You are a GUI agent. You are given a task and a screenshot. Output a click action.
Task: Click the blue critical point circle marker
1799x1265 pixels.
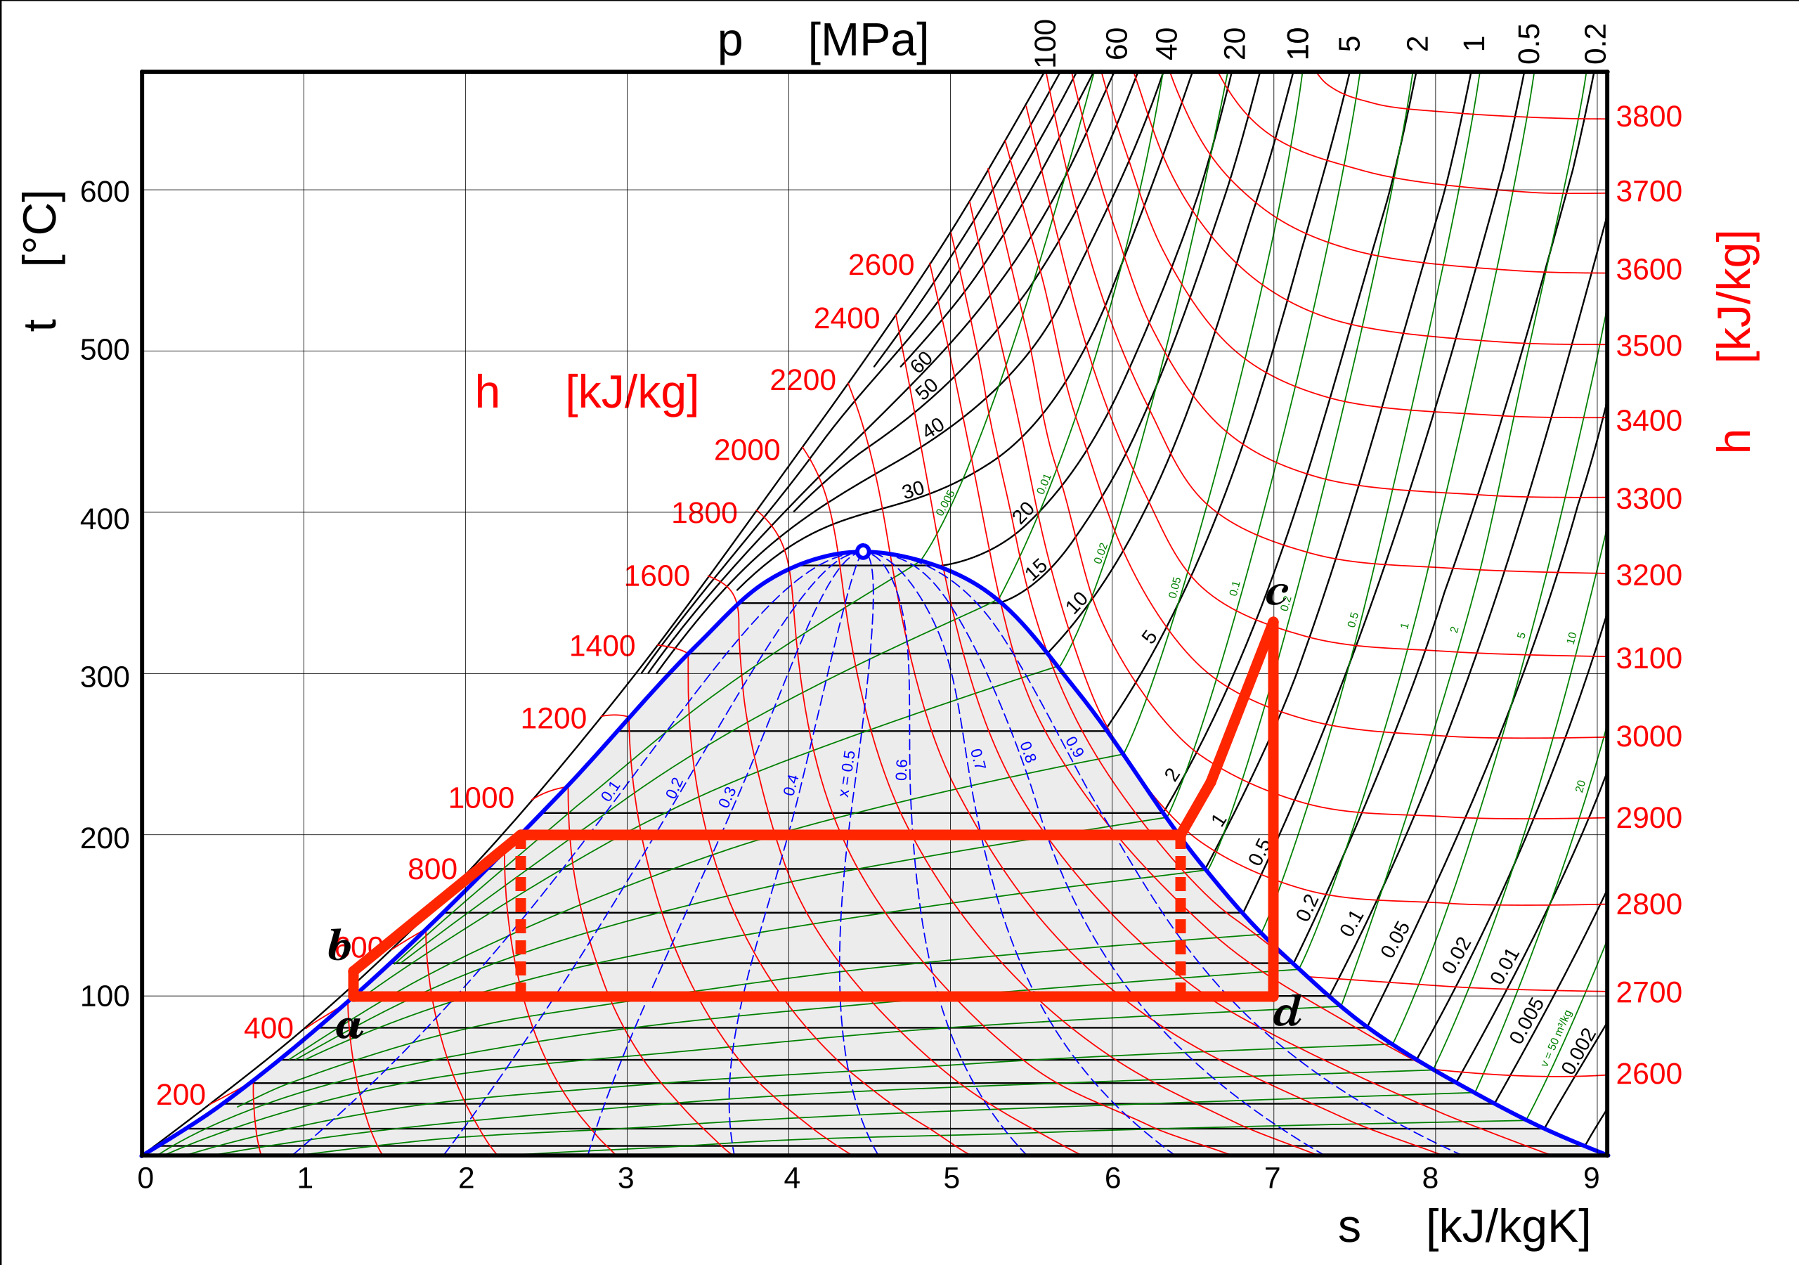tap(863, 552)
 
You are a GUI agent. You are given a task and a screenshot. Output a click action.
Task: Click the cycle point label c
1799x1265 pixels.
tap(1276, 592)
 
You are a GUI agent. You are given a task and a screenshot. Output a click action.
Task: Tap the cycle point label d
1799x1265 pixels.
tap(1287, 1012)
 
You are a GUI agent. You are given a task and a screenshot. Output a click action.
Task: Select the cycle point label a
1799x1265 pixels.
tap(349, 1027)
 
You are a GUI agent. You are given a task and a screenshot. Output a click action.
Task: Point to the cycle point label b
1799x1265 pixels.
tap(339, 945)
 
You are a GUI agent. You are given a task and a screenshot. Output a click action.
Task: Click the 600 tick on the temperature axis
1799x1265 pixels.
tap(105, 192)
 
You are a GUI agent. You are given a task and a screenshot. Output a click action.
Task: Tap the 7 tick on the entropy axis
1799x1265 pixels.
tap(1273, 1178)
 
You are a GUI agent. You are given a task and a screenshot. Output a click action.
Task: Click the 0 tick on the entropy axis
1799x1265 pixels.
tap(145, 1178)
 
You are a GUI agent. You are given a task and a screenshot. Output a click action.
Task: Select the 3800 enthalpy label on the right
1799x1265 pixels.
tap(1649, 117)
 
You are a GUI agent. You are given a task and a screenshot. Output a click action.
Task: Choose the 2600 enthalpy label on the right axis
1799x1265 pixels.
tap(1649, 1074)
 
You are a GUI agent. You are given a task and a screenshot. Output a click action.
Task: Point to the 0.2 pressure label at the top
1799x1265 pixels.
tap(1595, 43)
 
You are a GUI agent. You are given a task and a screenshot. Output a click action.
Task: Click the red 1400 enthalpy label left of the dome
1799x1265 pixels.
tap(602, 647)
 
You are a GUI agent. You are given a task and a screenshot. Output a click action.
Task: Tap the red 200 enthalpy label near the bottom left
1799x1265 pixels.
tap(180, 1095)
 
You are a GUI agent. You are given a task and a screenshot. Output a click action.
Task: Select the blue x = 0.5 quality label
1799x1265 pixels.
tap(847, 774)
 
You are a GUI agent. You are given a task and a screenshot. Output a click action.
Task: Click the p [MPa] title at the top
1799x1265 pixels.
tap(823, 41)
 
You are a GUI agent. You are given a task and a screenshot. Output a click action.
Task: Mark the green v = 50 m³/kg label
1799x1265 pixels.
tap(1557, 1039)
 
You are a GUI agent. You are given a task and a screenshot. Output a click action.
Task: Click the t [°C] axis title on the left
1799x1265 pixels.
tap(41, 261)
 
